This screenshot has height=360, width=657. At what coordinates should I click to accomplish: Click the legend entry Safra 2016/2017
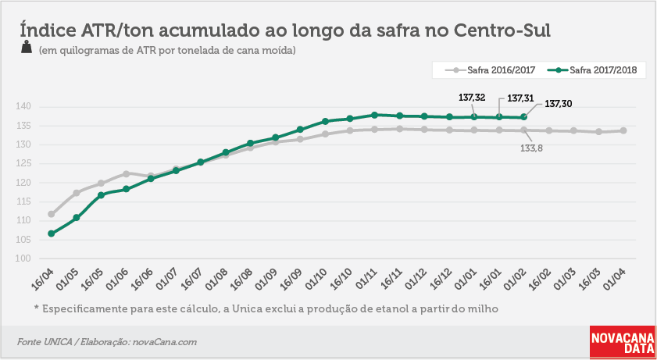(485, 70)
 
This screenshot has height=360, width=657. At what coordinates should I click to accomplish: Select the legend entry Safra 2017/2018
(592, 70)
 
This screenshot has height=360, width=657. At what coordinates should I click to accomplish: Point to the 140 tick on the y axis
(23, 107)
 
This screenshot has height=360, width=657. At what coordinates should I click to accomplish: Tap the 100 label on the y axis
(23, 258)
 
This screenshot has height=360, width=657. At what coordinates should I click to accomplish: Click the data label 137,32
(472, 98)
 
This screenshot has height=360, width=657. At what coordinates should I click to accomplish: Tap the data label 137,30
(558, 103)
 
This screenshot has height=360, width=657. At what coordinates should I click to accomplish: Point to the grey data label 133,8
(532, 148)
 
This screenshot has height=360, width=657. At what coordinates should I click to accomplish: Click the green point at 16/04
(51, 233)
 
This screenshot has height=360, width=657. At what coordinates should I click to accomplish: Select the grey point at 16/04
(51, 214)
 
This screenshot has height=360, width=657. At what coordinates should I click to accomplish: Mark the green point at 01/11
(374, 115)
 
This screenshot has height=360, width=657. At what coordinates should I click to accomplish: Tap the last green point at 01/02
(523, 117)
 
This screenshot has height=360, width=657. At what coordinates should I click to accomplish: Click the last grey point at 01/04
(623, 130)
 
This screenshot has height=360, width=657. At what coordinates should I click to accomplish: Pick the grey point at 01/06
(126, 173)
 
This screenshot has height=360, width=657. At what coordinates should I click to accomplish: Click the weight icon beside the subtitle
(27, 48)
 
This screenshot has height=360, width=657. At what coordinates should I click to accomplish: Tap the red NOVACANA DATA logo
(623, 342)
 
